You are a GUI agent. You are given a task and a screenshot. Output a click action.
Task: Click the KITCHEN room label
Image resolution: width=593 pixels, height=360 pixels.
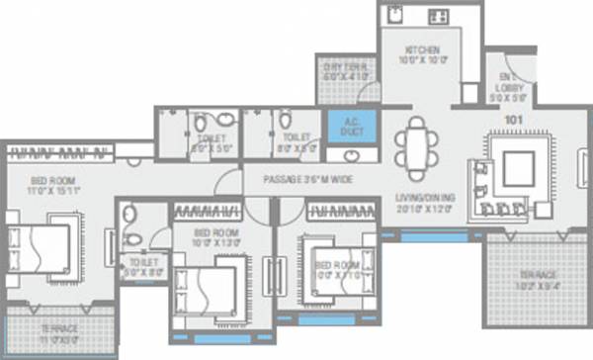pos(421,50)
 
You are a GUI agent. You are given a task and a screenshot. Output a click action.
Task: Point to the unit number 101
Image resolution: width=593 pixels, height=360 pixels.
pos(513,121)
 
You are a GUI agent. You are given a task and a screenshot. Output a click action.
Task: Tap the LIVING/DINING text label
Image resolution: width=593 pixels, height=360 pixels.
pos(424,196)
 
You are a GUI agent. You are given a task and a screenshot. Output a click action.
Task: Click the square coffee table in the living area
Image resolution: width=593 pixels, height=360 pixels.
pos(520,171)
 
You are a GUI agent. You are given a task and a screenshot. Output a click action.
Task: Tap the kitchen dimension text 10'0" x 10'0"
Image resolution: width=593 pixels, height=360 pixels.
pos(421,61)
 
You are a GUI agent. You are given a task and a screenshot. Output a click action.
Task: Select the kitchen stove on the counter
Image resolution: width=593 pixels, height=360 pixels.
pos(436,18)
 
